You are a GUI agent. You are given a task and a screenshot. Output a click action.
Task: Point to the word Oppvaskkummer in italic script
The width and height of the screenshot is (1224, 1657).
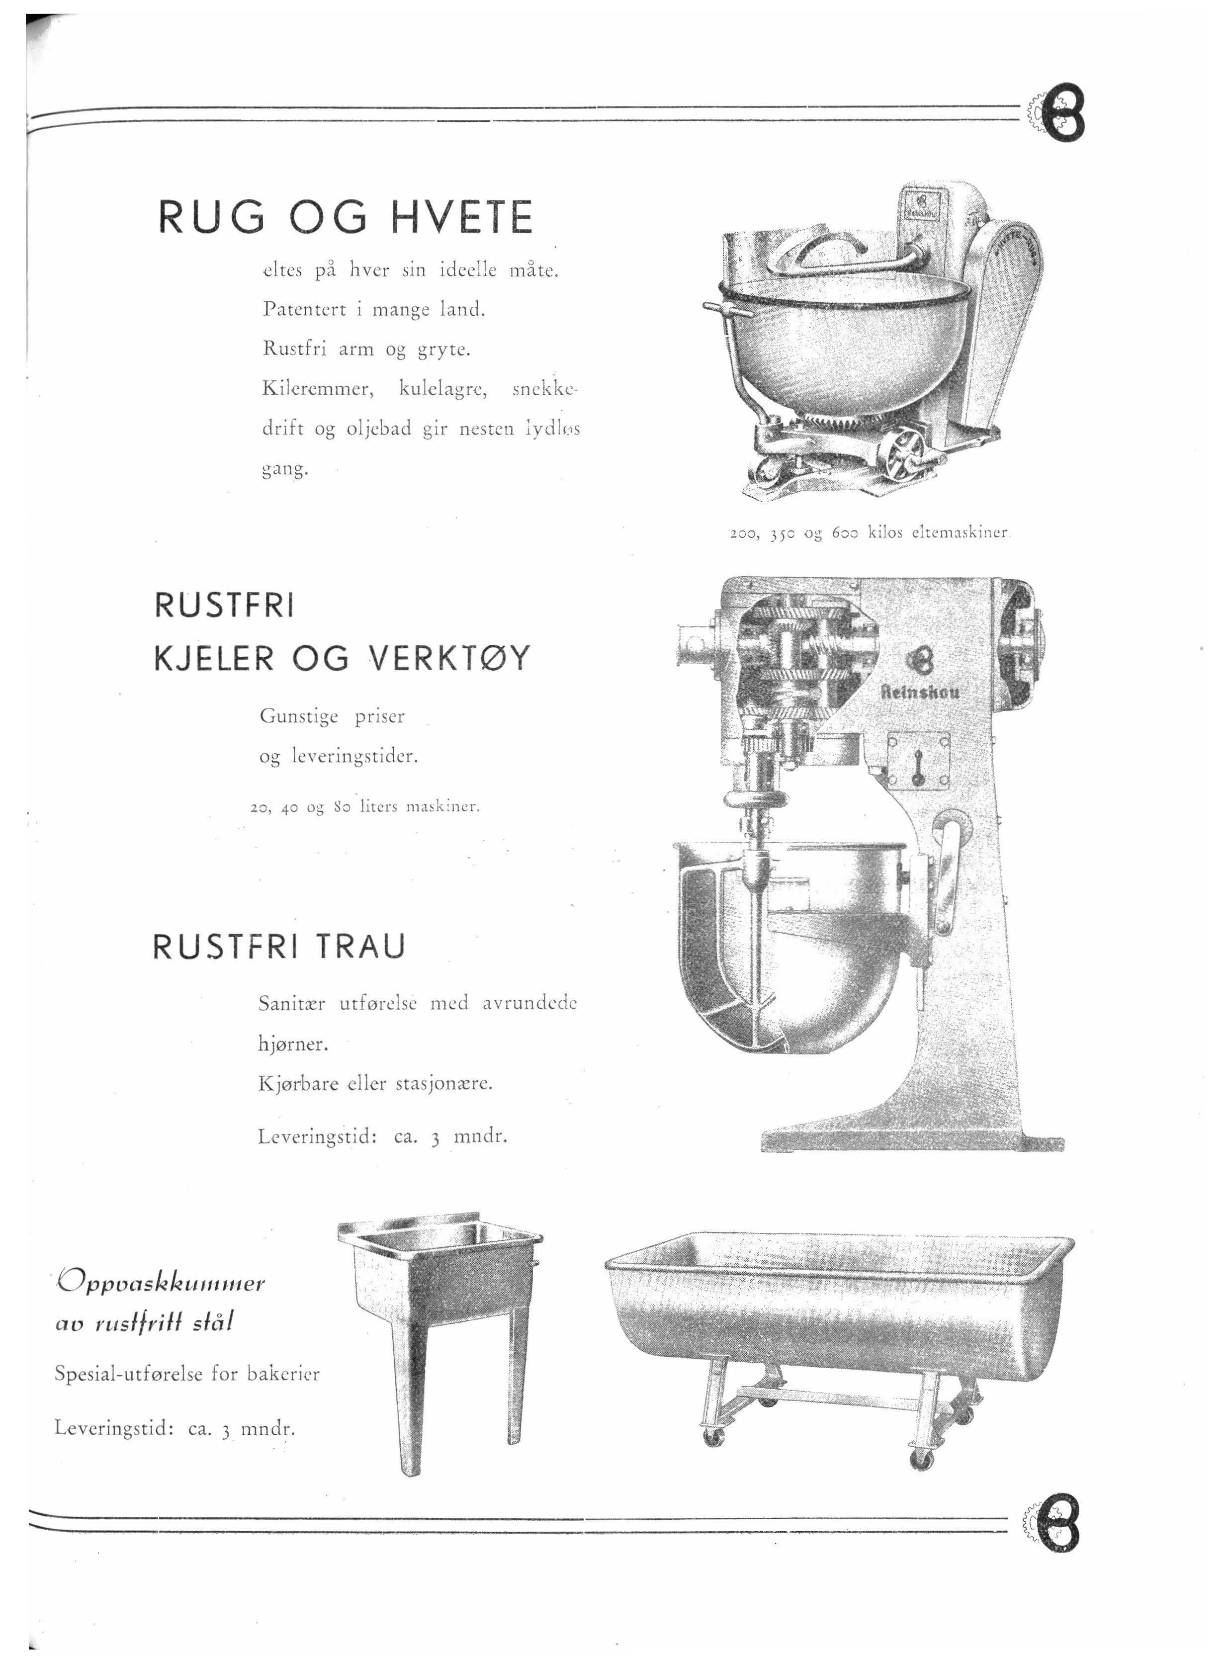[x=161, y=1282]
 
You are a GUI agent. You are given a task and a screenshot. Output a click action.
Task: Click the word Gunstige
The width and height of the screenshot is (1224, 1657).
[x=299, y=717]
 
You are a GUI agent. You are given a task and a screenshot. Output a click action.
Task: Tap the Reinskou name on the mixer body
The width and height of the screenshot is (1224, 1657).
[x=920, y=693]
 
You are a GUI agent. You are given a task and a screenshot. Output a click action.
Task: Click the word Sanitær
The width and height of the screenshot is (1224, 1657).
[x=291, y=1004]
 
